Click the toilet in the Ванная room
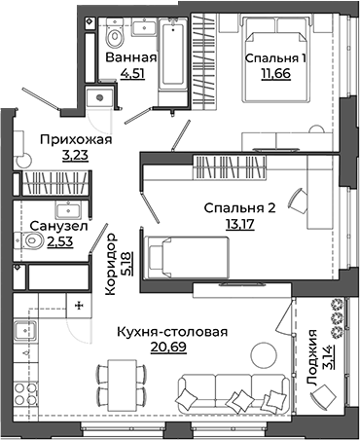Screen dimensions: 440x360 point(115,37)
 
